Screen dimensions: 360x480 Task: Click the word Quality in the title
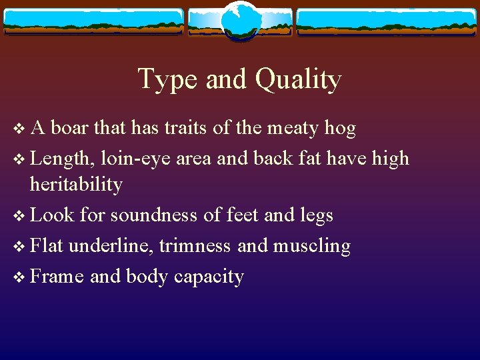[x=298, y=80]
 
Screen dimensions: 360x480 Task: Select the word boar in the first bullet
[x=70, y=127]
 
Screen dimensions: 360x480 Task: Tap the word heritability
[x=76, y=184]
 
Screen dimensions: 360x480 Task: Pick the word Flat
[x=47, y=246]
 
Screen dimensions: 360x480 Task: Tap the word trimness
[x=196, y=246]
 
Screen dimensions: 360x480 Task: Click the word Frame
[x=57, y=276]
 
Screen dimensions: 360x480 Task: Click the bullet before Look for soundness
[x=17, y=216]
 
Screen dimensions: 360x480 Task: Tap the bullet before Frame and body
[x=17, y=277]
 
